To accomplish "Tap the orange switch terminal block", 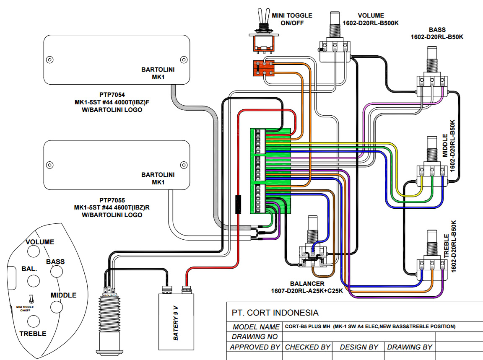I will point(263,68).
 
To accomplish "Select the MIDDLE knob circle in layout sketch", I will point(56,306).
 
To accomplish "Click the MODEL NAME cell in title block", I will point(256,326).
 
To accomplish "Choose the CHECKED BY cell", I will point(307,347).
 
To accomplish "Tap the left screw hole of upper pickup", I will point(50,59).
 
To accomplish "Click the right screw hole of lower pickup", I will point(182,164).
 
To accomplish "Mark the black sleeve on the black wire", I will point(239,205).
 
